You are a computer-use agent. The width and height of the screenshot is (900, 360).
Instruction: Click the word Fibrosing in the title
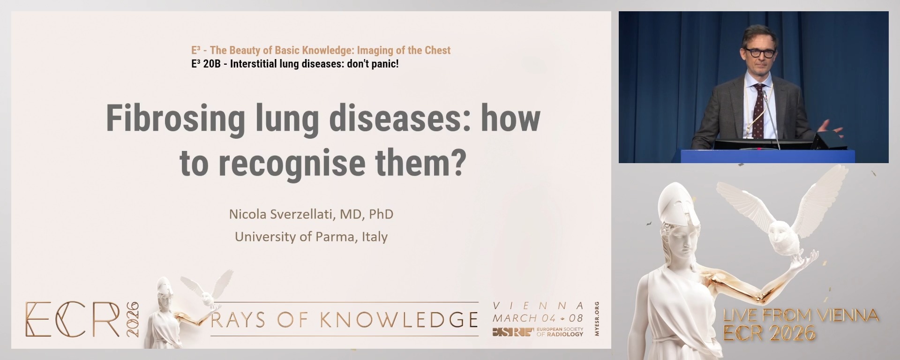tap(175, 119)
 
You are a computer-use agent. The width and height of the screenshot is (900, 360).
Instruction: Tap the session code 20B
tap(211, 64)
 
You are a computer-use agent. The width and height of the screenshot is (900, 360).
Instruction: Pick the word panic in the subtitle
tap(383, 64)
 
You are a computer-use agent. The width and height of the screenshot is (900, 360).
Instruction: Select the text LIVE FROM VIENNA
tap(801, 315)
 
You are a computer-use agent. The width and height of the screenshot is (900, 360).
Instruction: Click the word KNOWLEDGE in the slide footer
tap(399, 320)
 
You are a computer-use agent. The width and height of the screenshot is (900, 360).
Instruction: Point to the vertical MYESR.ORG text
tap(597, 319)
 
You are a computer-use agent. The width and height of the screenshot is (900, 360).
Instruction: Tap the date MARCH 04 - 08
tap(538, 318)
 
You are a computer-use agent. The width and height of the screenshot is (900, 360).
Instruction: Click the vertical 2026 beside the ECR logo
tap(133, 319)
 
